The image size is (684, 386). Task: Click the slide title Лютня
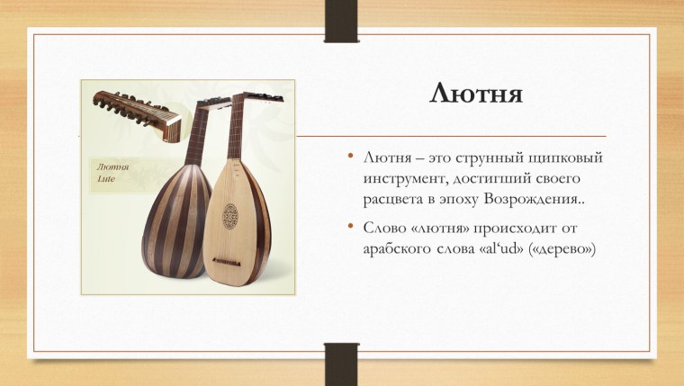(477, 93)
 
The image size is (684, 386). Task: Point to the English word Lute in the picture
(105, 179)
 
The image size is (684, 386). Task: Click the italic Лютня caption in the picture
(112, 166)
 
